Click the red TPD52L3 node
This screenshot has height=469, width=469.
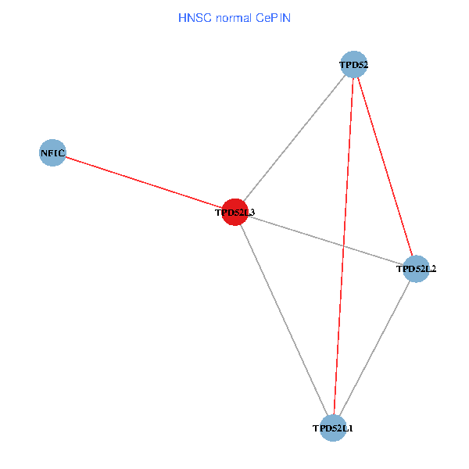pyautogui.click(x=234, y=212)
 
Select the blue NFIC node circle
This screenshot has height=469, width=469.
pyautogui.click(x=52, y=152)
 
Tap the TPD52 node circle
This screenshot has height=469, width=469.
pyautogui.click(x=354, y=64)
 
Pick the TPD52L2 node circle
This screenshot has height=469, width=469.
pyautogui.click(x=416, y=269)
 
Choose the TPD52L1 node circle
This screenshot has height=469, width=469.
pyautogui.click(x=333, y=428)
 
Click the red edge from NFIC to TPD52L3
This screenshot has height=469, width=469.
pyautogui.click(x=144, y=182)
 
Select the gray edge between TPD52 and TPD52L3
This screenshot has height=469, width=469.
pyautogui.click(x=295, y=138)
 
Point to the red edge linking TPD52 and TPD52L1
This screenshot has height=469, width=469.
pyautogui.click(x=343, y=246)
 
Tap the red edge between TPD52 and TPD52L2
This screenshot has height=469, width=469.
pyautogui.click(x=385, y=166)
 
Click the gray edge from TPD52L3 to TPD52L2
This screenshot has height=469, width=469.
pyautogui.click(x=325, y=241)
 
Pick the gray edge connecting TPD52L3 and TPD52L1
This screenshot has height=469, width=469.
pyautogui.click(x=284, y=320)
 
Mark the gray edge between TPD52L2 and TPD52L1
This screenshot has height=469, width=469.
pyautogui.click(x=374, y=349)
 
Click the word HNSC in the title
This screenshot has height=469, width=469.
pyautogui.click(x=195, y=18)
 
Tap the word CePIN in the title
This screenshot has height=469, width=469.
pyautogui.click(x=273, y=18)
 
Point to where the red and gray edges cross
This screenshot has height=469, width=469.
pyautogui.click(x=343, y=246)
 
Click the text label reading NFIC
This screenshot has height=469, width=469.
pyautogui.click(x=52, y=153)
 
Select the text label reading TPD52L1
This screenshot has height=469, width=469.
pyautogui.click(x=333, y=428)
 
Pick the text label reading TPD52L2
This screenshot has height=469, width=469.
pyautogui.click(x=416, y=269)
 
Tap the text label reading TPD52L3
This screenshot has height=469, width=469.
pyautogui.click(x=234, y=213)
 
